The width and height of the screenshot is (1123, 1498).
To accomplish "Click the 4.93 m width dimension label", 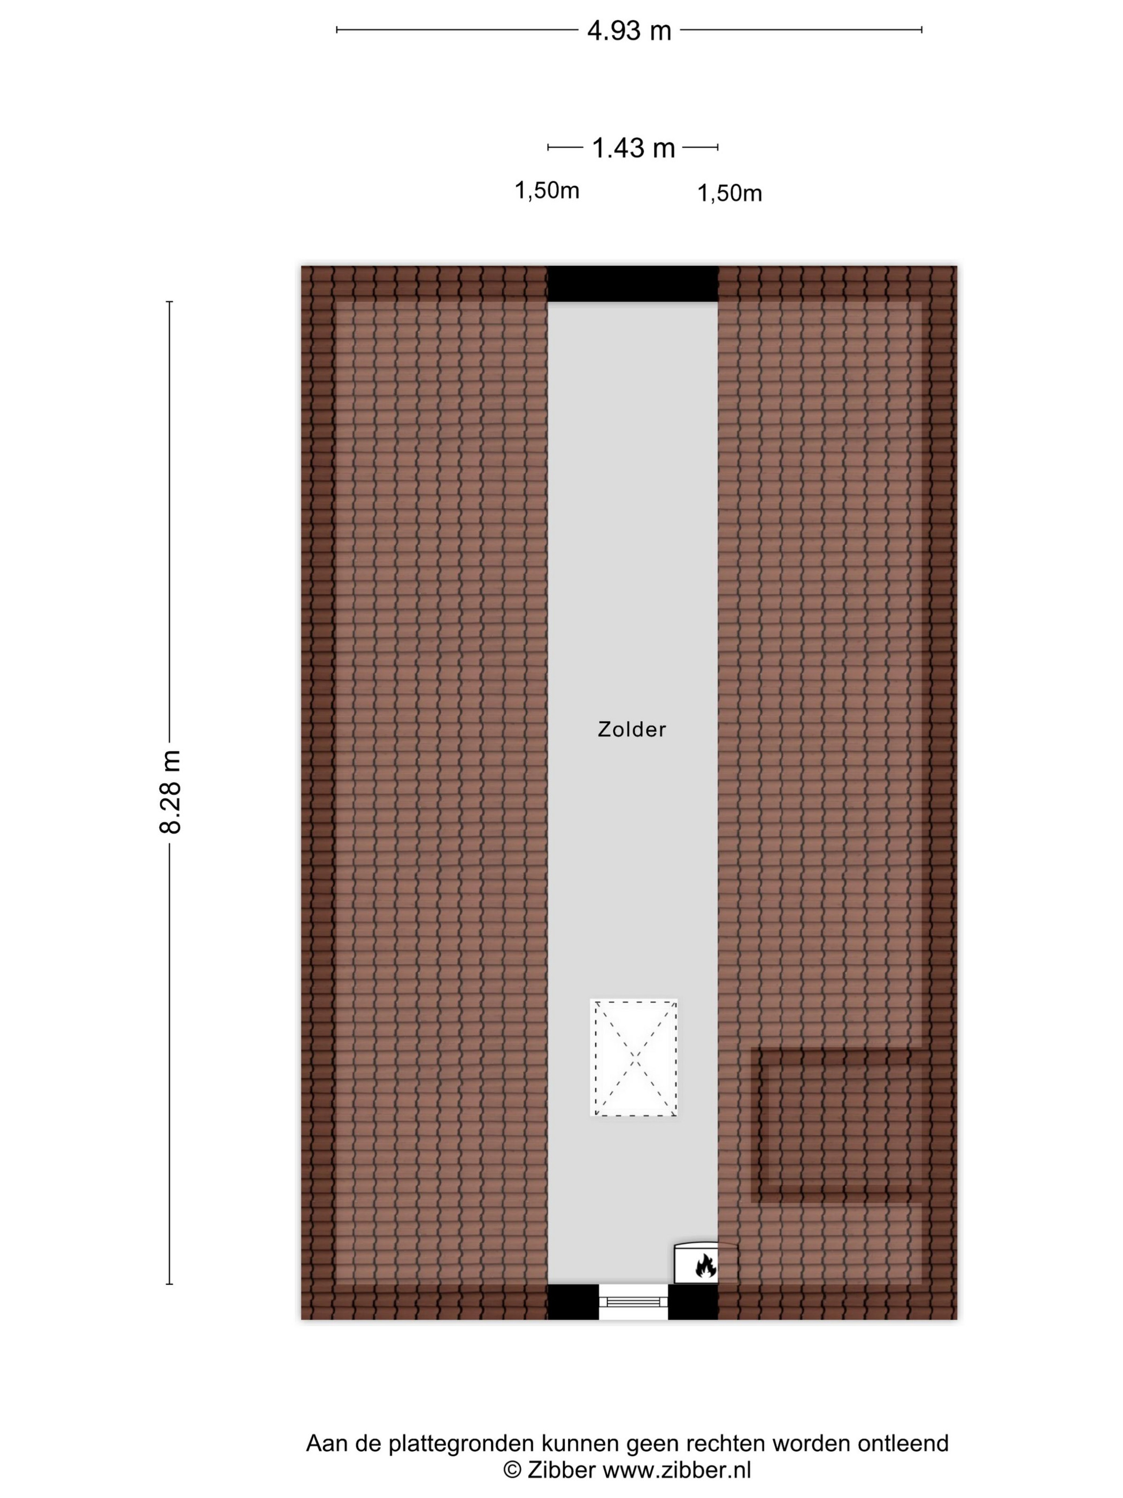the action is tap(629, 31).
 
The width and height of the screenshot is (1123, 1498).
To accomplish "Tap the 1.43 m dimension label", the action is tap(633, 148).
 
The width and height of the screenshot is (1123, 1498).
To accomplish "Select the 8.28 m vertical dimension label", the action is tap(171, 792).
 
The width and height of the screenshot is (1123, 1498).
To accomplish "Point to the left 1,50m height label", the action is tap(547, 191).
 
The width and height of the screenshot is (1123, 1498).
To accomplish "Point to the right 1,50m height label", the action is tap(730, 194).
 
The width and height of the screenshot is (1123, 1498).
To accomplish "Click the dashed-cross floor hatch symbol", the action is tap(634, 1057).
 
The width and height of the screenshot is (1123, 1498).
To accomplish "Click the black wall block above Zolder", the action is tap(632, 284).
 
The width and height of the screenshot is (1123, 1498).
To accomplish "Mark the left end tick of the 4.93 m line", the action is tap(337, 30).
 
